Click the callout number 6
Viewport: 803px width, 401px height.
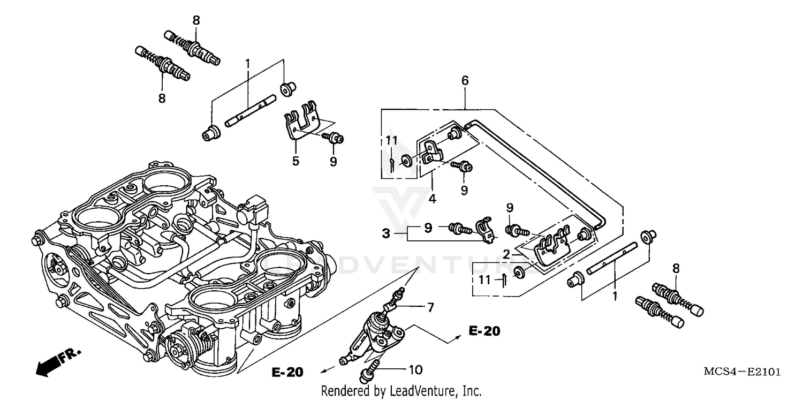pyautogui.click(x=465, y=81)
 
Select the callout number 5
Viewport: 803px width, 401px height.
pyautogui.click(x=296, y=161)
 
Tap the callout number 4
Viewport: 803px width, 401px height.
pyautogui.click(x=432, y=198)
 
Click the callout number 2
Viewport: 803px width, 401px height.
pyautogui.click(x=505, y=253)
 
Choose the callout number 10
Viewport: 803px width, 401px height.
pyautogui.click(x=415, y=369)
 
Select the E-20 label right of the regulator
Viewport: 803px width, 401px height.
pyautogui.click(x=484, y=331)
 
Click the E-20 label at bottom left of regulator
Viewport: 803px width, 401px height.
pyautogui.click(x=287, y=372)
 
